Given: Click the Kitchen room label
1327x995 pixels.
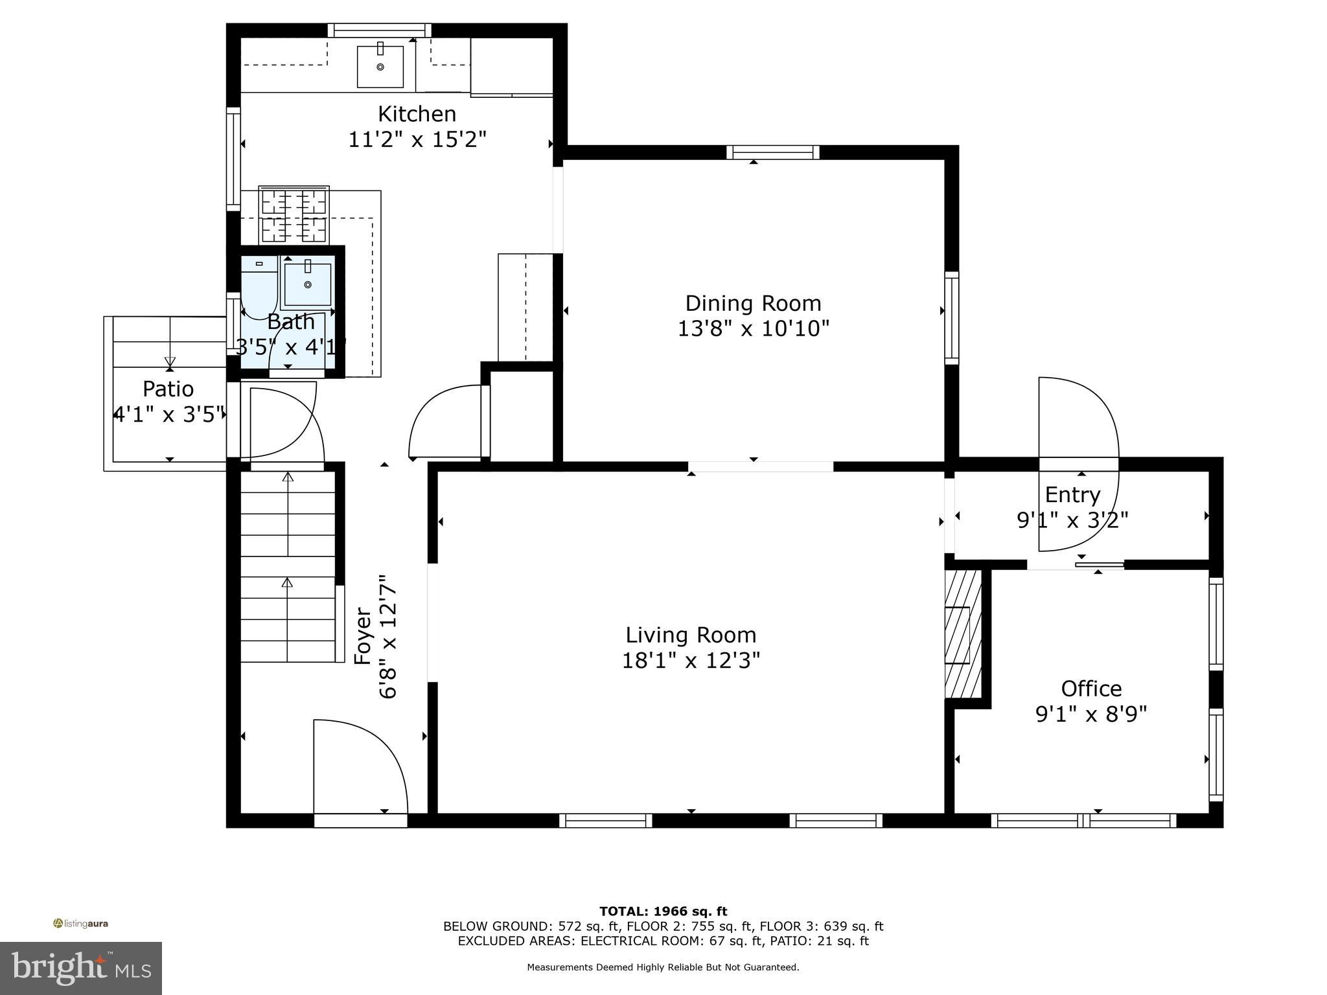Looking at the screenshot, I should tap(417, 114).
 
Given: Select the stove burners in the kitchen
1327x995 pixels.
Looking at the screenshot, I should tap(294, 215).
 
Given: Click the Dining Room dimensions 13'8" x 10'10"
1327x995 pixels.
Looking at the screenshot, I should tap(753, 329).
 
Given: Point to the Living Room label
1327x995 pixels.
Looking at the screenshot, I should tap(691, 635).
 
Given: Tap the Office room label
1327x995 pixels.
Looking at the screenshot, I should tap(1091, 689).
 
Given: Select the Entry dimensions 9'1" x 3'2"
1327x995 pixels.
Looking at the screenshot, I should tap(1072, 520).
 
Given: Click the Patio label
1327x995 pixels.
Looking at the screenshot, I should tap(168, 389).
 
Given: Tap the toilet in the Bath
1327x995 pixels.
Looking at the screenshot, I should tap(259, 285).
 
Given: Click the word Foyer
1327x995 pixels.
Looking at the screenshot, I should tap(363, 635).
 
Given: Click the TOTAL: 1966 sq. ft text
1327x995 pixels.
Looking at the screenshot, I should tap(663, 911).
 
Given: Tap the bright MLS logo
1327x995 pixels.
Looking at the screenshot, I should tap(81, 968).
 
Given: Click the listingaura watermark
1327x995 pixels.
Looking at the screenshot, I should tap(81, 924).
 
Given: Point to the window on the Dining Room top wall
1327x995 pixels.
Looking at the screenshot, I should tap(772, 153).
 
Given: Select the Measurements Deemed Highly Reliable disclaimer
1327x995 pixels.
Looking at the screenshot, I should tap(663, 967).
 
